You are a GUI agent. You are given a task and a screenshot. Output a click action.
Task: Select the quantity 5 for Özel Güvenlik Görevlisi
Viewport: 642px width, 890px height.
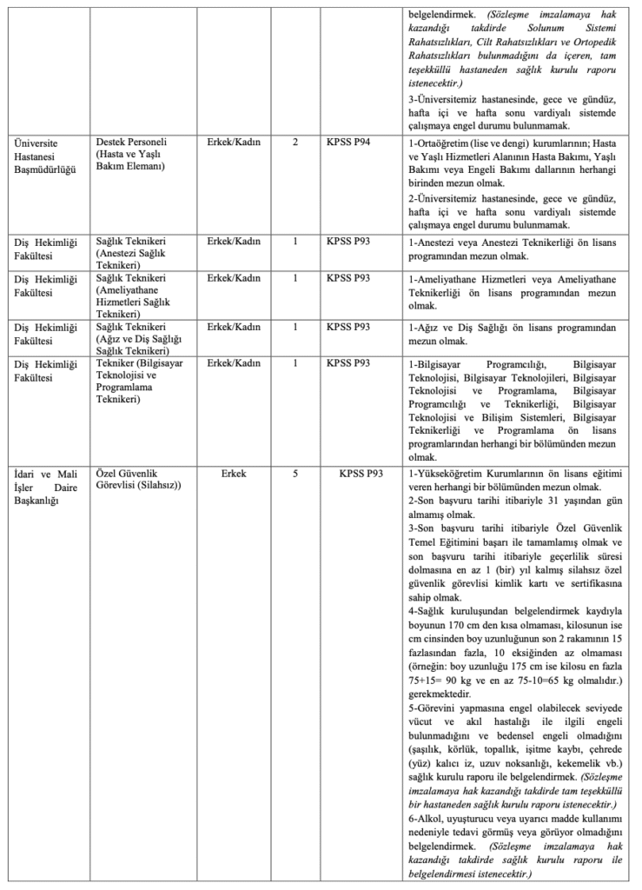(295, 474)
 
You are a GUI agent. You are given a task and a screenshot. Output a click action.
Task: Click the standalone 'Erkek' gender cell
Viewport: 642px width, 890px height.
(234, 474)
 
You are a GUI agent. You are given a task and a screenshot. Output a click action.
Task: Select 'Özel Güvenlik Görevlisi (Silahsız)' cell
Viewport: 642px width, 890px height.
(139, 480)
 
